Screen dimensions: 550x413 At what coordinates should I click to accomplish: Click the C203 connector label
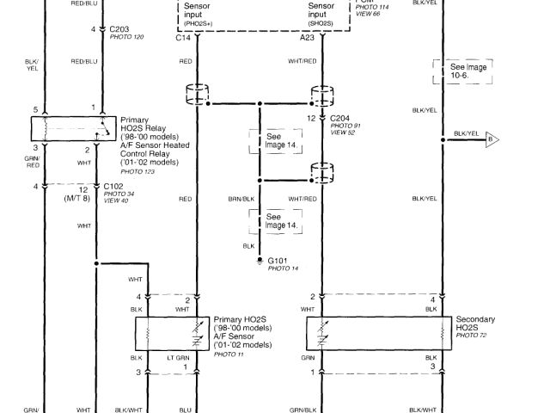(119, 29)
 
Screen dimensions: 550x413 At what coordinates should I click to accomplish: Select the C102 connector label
(114, 186)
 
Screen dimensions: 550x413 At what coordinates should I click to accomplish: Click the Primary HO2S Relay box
(68, 128)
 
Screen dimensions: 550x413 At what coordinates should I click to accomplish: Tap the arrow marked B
(492, 138)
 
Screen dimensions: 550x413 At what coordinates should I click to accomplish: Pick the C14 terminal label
(183, 38)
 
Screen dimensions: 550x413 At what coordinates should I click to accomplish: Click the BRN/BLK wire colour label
(242, 199)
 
